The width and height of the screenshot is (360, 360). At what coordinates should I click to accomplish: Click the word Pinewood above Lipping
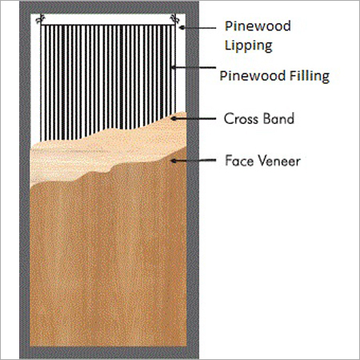click(x=258, y=26)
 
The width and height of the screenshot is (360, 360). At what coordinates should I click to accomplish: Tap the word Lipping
click(x=248, y=46)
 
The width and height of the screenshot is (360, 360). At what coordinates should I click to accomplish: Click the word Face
click(x=238, y=161)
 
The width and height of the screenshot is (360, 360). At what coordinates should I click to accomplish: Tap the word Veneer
click(x=279, y=161)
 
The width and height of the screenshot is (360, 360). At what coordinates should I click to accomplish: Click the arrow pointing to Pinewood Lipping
click(x=198, y=27)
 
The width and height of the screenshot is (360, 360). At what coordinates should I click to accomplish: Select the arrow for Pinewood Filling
click(x=194, y=67)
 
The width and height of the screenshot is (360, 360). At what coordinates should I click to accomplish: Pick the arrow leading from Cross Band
click(x=194, y=118)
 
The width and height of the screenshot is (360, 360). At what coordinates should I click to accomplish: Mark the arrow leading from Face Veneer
click(x=194, y=161)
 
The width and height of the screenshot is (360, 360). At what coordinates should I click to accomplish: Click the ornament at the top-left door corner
click(x=41, y=18)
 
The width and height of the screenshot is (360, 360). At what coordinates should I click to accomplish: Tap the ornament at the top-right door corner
click(x=175, y=18)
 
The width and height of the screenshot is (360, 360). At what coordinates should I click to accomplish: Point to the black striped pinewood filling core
click(x=108, y=80)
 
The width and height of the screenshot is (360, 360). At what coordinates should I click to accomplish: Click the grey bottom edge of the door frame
click(x=109, y=353)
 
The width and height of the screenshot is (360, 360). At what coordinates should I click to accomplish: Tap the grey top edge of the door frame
click(x=109, y=7)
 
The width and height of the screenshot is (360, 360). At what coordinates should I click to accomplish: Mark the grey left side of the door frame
click(x=25, y=180)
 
